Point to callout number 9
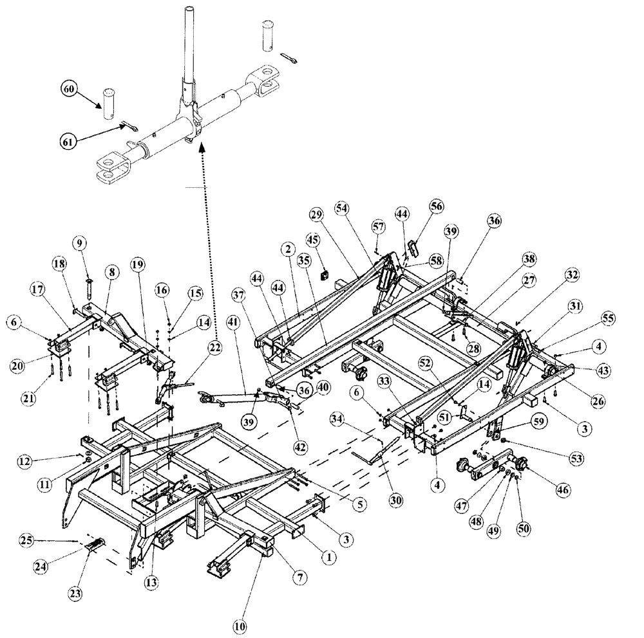80,244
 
